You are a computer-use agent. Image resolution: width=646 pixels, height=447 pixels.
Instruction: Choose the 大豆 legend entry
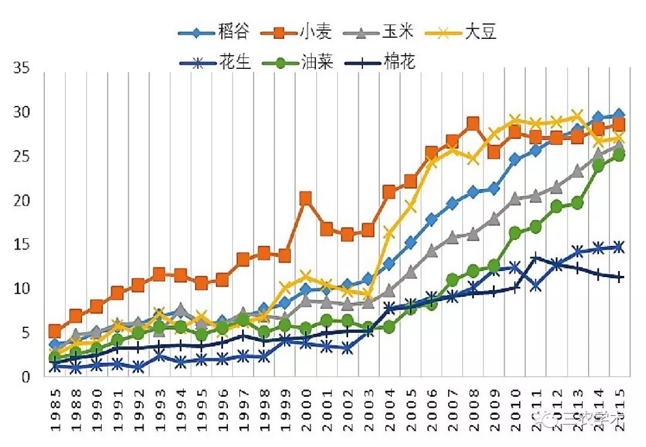tap(470, 31)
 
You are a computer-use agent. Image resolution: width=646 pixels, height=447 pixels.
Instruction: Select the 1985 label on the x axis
tap(55, 412)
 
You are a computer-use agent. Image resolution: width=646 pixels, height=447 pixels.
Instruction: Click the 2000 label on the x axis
tap(306, 412)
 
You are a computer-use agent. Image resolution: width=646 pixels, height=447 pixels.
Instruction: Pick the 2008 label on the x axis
tap(473, 412)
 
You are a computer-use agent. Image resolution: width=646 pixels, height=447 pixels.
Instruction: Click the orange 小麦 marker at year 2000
tap(306, 198)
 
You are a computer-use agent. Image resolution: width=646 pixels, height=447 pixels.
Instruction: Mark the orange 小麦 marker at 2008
tap(473, 124)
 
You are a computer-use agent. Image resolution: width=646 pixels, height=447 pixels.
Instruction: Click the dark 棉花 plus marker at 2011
tap(536, 258)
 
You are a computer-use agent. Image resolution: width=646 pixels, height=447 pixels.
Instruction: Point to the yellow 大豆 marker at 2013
tap(577, 115)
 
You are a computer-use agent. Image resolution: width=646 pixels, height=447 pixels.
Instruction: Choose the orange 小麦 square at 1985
tap(55, 331)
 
